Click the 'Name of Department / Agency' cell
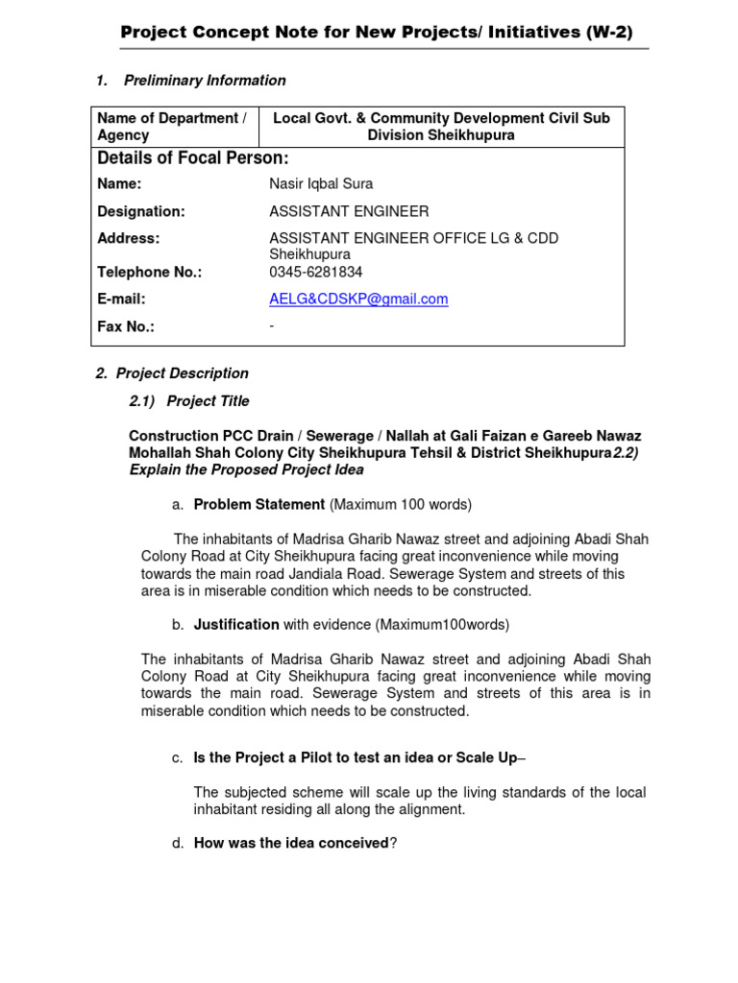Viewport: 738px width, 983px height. coord(172,127)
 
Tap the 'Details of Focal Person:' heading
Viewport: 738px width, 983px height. coord(193,158)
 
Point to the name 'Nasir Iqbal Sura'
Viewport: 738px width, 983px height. coord(321,183)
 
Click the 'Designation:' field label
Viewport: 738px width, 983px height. coord(141,211)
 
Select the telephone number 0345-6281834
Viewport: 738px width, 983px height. coord(316,272)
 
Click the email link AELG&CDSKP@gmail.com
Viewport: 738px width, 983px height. coord(358,300)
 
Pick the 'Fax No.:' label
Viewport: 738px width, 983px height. coord(126,326)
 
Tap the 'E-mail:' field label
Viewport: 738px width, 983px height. coord(123,300)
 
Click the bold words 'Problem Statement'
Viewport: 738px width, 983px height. coord(259,505)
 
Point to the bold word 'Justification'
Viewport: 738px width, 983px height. coord(236,625)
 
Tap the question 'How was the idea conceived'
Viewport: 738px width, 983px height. coord(291,844)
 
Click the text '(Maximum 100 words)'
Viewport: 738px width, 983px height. coord(401,505)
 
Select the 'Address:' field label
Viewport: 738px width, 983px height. coord(129,238)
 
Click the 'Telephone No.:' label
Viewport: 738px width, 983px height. coord(150,272)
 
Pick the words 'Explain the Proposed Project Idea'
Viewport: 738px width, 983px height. coord(247,470)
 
